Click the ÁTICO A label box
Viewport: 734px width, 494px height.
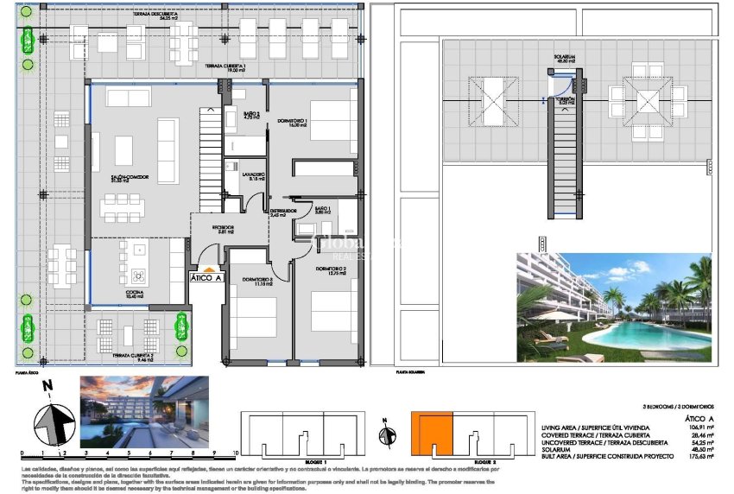[x=207, y=277]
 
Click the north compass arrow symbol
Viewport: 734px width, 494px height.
[x=54, y=423]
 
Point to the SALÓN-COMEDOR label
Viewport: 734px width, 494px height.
[x=131, y=178]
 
